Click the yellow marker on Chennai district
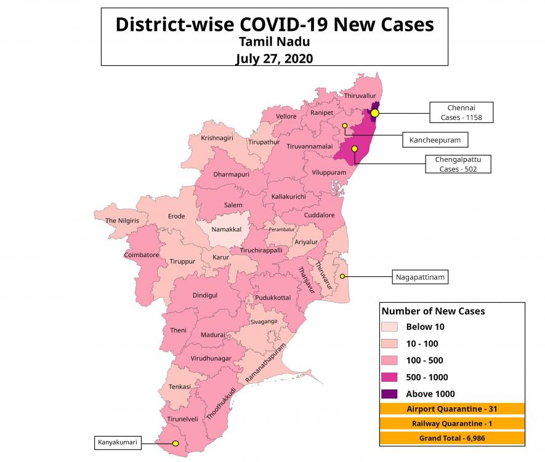pos(374,113)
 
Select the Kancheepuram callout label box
pos(435,140)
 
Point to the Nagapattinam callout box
pos(420,278)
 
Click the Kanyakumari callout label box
pos(118,442)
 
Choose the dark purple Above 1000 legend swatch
pos(389,394)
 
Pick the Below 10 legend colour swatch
pos(389,327)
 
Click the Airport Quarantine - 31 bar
pos(452,409)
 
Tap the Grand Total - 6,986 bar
pos(452,438)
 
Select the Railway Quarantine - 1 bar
pos(452,424)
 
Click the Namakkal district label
pos(226,229)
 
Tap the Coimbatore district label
pos(142,255)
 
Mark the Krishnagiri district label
pos(217,138)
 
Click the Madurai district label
pos(213,335)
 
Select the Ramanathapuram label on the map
pos(266,363)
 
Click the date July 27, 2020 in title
pos(274,59)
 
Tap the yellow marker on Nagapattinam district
pos(342,276)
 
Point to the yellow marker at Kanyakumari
pos(176,443)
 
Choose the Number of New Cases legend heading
pos(433,311)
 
